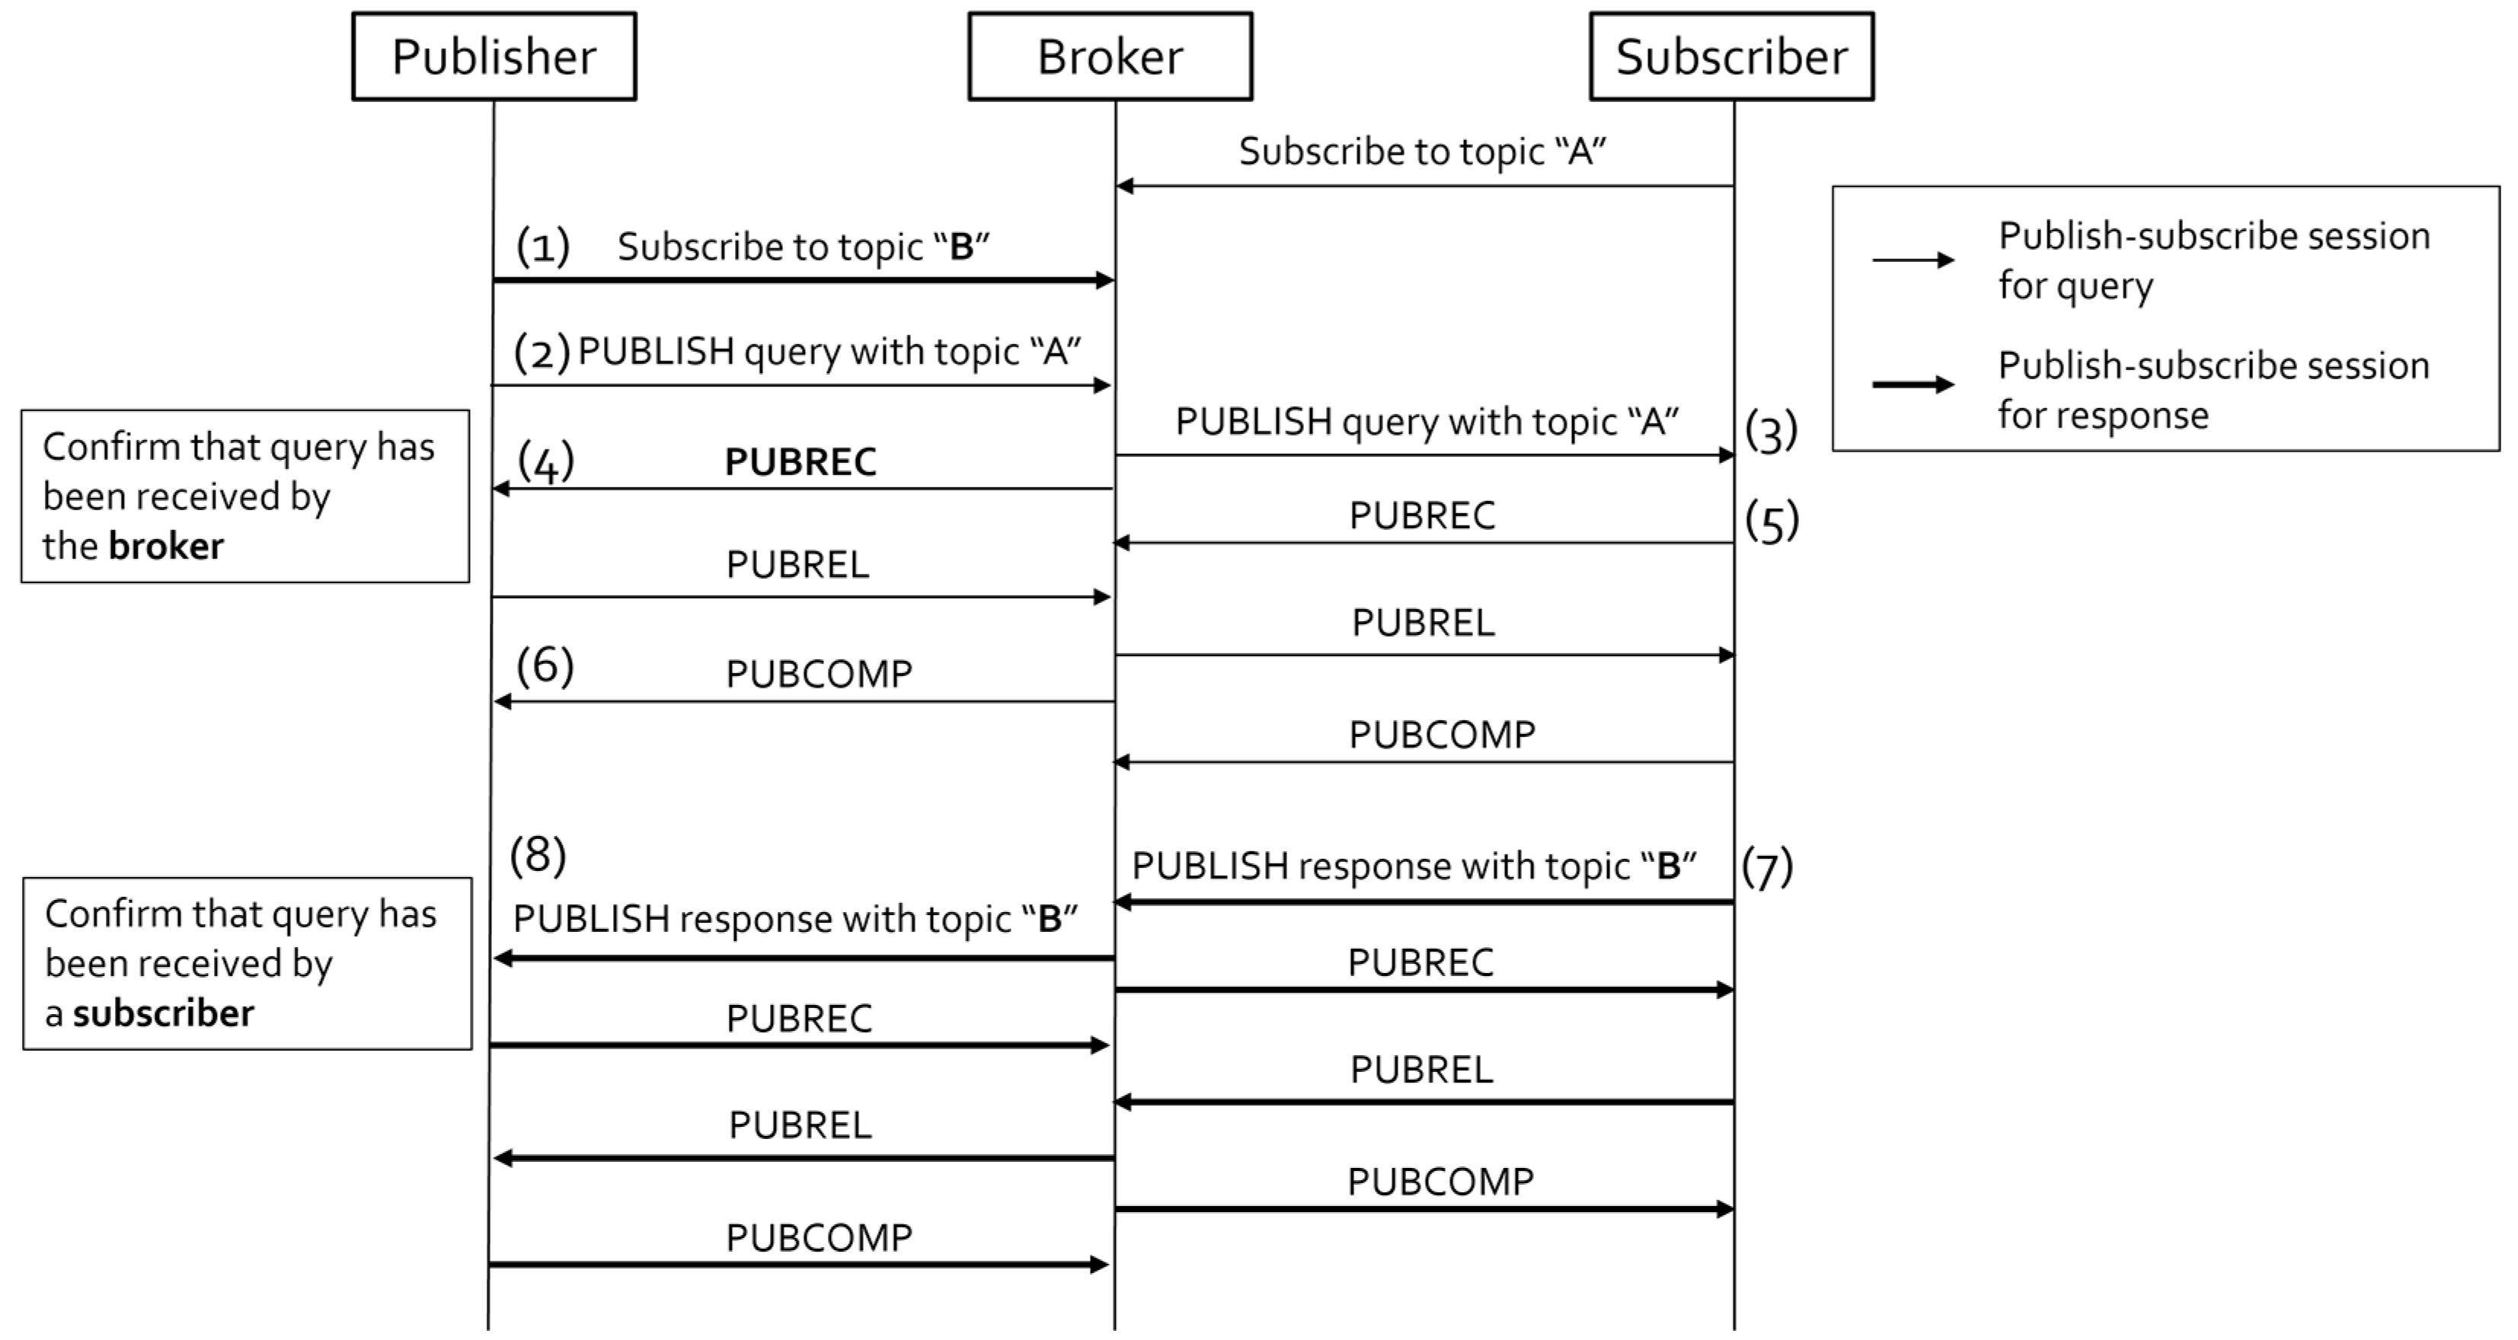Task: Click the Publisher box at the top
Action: pyautogui.click(x=494, y=56)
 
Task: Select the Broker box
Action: pyautogui.click(x=1110, y=56)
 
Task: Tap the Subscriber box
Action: pyautogui.click(x=1731, y=56)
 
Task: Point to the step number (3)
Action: pyautogui.click(x=1771, y=431)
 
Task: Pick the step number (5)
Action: pyautogui.click(x=1771, y=521)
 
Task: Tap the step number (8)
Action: pyautogui.click(x=538, y=854)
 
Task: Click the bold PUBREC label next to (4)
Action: pyautogui.click(x=800, y=462)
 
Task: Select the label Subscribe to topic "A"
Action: pyautogui.click(x=1422, y=152)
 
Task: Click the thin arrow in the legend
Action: pyautogui.click(x=1912, y=260)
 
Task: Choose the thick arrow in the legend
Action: pyautogui.click(x=1912, y=384)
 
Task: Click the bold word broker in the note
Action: pyautogui.click(x=166, y=545)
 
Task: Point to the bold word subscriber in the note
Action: pyautogui.click(x=163, y=1013)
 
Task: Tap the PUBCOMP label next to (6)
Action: pyautogui.click(x=818, y=673)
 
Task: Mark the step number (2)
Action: pyautogui.click(x=542, y=352)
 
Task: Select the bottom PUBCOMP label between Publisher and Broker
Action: pyautogui.click(x=818, y=1237)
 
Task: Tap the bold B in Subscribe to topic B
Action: pyautogui.click(x=962, y=247)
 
